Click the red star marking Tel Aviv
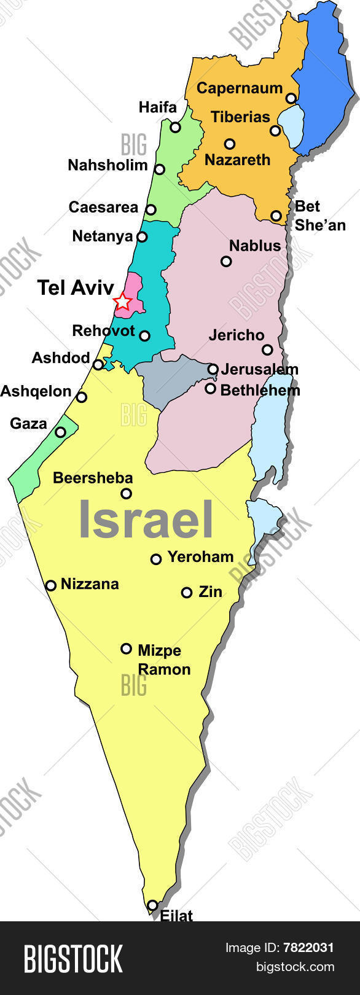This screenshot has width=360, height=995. click(x=123, y=302)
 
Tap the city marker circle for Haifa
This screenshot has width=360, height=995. click(x=176, y=128)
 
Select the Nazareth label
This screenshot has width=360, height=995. click(x=237, y=160)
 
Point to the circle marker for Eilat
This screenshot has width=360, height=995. click(x=152, y=905)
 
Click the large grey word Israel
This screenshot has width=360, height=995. click(x=146, y=520)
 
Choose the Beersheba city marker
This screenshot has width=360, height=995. click(x=126, y=493)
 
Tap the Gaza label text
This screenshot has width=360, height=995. click(x=28, y=423)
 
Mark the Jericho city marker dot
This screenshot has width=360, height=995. click(x=267, y=350)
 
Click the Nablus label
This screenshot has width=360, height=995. click(x=254, y=246)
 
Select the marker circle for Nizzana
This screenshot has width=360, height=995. click(x=51, y=585)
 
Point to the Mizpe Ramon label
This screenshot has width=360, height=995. click(x=163, y=660)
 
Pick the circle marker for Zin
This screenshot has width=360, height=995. click(x=187, y=592)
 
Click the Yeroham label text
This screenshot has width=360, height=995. click(x=200, y=557)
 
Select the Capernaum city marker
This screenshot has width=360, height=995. click(x=291, y=98)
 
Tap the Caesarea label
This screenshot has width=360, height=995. click(x=103, y=208)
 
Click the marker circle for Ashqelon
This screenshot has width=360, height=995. click(x=82, y=397)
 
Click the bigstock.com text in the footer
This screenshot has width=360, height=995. click(x=295, y=967)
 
